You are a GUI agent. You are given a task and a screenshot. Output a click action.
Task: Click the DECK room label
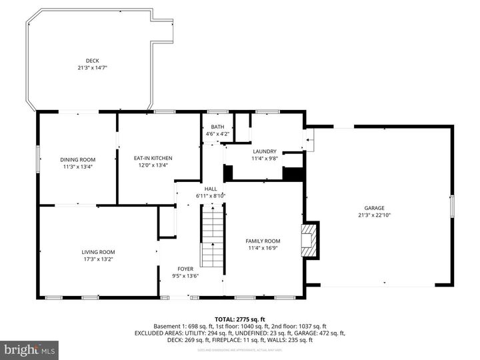click(x=92, y=61)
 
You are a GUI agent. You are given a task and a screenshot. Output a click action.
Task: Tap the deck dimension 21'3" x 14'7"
click(x=92, y=67)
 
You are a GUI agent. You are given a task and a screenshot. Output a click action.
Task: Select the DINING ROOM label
click(x=78, y=159)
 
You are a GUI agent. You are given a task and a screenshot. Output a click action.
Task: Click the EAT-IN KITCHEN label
click(x=153, y=158)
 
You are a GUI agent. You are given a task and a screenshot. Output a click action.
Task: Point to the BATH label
click(x=218, y=127)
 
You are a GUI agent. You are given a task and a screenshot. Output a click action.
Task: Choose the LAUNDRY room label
click(x=264, y=151)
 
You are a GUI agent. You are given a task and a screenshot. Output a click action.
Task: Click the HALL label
click(x=211, y=189)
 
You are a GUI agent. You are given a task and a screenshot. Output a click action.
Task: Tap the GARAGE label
click(x=374, y=208)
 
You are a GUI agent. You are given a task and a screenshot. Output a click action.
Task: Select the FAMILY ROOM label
click(x=263, y=241)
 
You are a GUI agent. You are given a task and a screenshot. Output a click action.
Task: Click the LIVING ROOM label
click(x=98, y=251)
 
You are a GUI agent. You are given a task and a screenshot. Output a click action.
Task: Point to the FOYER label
click(x=185, y=269)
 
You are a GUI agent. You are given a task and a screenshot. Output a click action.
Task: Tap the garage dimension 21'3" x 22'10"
click(x=374, y=215)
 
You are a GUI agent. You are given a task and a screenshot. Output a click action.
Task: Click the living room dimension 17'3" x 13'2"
click(x=98, y=259)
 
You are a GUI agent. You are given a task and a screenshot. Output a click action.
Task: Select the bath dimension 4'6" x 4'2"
click(x=218, y=133)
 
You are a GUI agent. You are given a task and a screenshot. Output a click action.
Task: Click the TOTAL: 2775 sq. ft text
click(x=240, y=319)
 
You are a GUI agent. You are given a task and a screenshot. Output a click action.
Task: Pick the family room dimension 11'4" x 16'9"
click(x=263, y=248)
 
